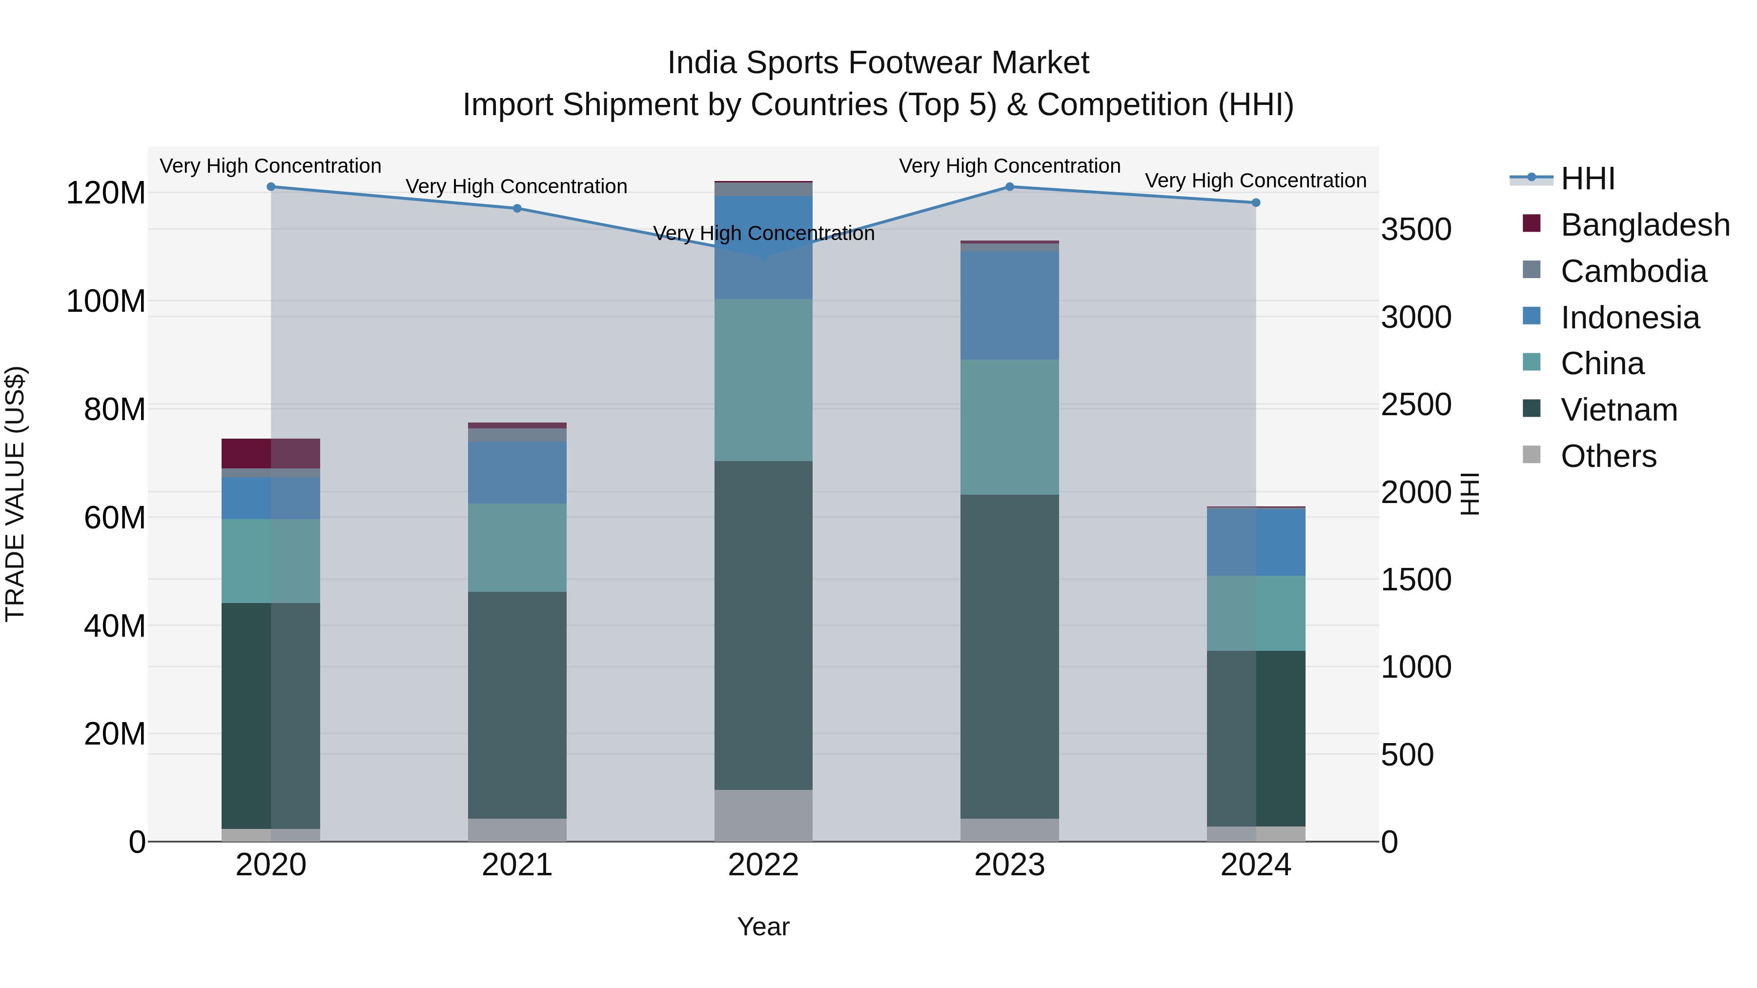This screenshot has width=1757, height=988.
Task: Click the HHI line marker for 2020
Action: coord(271,187)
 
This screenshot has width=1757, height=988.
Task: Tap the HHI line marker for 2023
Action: coord(1009,187)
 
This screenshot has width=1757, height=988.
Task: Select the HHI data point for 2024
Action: coord(1256,202)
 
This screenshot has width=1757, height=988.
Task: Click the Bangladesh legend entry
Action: coord(1644,225)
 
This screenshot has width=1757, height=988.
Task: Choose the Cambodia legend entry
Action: coord(1633,271)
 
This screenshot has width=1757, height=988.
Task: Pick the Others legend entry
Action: coord(1608,456)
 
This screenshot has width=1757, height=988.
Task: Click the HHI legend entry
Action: coord(1587,179)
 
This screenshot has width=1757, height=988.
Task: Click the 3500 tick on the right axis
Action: coord(1416,229)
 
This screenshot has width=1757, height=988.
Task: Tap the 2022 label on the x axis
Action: coord(763,865)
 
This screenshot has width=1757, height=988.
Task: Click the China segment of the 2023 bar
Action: coord(1009,427)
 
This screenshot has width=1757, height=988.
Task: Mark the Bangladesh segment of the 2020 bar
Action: coord(271,453)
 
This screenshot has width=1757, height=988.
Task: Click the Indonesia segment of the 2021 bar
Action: coord(517,472)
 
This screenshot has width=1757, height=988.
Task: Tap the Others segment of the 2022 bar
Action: coord(763,815)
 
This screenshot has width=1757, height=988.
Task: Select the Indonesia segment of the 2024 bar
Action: coord(1256,542)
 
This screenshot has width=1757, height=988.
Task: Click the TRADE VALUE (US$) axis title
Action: coord(15,494)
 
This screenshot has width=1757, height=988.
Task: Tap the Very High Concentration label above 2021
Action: coord(516,186)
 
